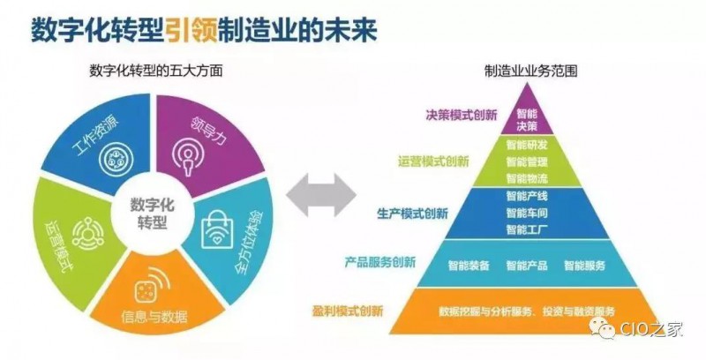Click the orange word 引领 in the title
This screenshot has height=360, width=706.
point(191,29)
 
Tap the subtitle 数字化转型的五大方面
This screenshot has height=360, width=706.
point(156,71)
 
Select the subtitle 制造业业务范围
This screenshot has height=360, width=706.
point(531,71)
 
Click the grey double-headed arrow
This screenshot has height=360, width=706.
point(321,196)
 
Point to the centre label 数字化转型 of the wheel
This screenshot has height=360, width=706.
point(152,214)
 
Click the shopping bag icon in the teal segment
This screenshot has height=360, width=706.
point(217,230)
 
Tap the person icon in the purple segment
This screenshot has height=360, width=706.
point(188,156)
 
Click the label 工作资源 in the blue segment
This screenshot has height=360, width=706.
point(95,134)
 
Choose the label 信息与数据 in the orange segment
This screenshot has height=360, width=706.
point(154,317)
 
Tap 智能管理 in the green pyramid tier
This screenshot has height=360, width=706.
point(527,161)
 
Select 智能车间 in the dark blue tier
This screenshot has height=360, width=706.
point(527,213)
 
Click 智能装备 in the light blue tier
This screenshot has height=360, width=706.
point(469,265)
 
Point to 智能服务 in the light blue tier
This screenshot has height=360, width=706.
point(585,265)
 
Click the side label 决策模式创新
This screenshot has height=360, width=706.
point(462,116)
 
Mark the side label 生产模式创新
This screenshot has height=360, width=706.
point(412,213)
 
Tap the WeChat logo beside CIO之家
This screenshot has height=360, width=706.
point(603,327)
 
